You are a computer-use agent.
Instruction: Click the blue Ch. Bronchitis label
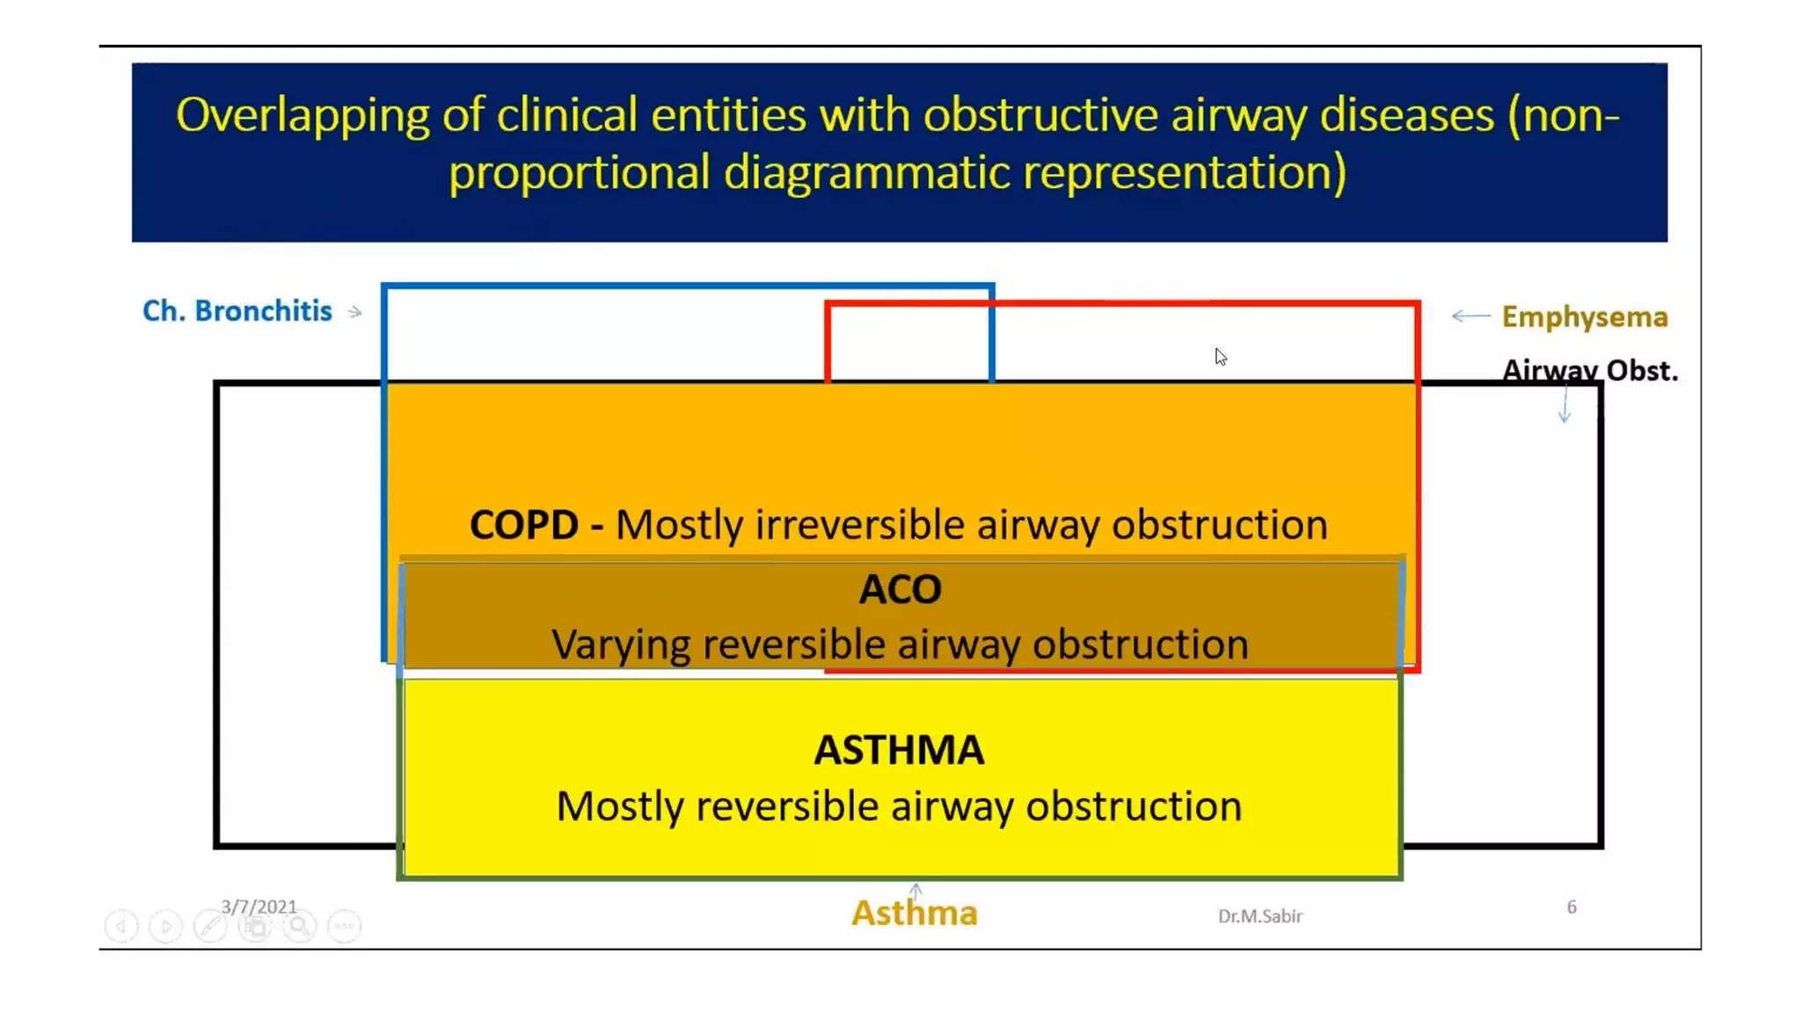pos(237,311)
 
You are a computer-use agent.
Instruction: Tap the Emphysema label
pos(1584,317)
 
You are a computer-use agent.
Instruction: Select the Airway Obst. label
pos(1589,370)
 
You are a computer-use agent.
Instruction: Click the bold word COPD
pos(524,525)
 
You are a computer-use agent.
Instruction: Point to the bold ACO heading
pos(900,589)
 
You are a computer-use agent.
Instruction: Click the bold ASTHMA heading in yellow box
pos(899,750)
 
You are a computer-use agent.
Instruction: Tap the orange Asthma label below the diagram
pos(914,914)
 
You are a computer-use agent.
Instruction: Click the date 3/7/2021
pos(259,907)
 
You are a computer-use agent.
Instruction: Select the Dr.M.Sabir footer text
pos(1259,916)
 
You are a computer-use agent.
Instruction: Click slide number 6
pos(1571,907)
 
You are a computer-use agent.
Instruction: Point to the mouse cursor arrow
pos(1220,356)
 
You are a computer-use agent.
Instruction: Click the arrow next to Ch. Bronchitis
pos(354,312)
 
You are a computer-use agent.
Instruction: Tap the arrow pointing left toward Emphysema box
pos(1470,316)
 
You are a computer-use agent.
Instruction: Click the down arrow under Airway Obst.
pos(1564,407)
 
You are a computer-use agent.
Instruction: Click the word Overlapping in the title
pos(302,115)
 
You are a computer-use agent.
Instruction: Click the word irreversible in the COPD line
pos(862,525)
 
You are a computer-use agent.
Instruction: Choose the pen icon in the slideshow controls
pos(210,926)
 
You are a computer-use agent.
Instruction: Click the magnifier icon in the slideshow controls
pos(299,926)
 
